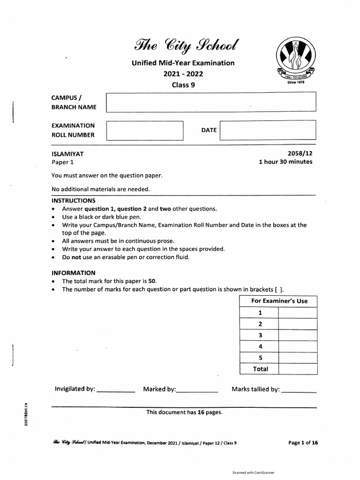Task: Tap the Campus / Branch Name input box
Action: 211,102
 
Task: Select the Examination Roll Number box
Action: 145,130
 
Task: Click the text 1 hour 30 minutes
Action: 285,162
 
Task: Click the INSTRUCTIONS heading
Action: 73,200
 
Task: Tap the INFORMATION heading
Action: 73,272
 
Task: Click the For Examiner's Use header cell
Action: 279,301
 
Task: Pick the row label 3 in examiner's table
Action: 260,335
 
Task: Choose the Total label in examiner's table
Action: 260,369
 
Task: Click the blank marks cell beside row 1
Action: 298,313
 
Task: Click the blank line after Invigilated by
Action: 116,390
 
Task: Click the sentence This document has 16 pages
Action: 184,412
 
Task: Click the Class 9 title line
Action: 183,85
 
